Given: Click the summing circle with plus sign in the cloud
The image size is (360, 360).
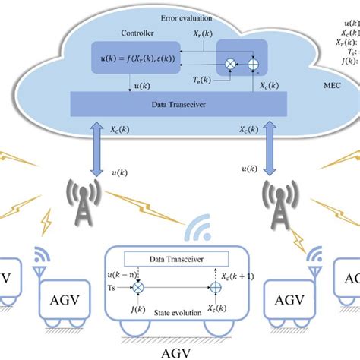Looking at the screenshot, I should click(x=253, y=65).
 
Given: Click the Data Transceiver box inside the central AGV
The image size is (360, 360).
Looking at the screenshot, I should click(x=180, y=258).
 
